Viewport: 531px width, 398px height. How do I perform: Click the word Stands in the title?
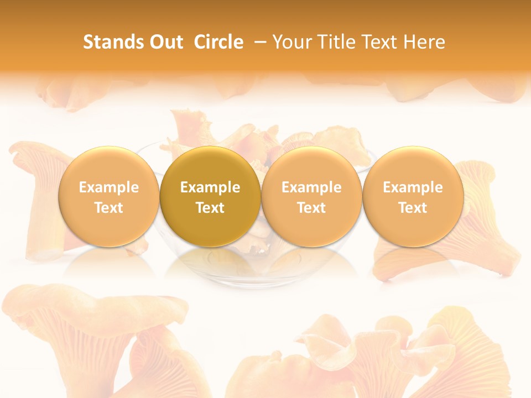click(113, 42)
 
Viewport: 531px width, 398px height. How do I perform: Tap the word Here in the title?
click(425, 42)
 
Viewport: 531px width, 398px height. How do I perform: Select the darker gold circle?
click(210, 197)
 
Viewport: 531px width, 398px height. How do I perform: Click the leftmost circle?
click(109, 197)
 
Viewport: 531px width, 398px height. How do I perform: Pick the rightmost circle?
click(413, 197)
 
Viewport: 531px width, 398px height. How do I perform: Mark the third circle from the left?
click(311, 197)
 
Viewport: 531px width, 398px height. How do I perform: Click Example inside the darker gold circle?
click(210, 187)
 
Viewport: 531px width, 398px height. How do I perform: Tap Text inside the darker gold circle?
click(210, 208)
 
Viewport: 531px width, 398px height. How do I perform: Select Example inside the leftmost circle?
click(109, 187)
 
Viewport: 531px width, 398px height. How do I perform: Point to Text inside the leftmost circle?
click(109, 208)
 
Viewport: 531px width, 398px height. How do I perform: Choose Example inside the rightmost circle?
click(413, 187)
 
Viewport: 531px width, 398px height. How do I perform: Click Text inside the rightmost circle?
click(413, 208)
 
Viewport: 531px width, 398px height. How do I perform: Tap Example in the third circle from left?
click(311, 187)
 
